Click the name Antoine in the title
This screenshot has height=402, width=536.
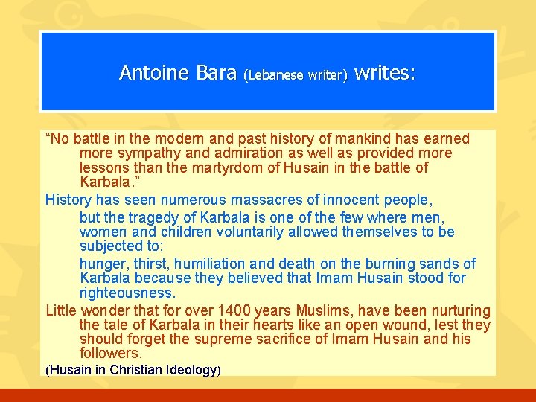[153, 73]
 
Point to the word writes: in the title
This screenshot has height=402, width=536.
[385, 72]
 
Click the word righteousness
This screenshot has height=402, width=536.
[127, 293]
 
